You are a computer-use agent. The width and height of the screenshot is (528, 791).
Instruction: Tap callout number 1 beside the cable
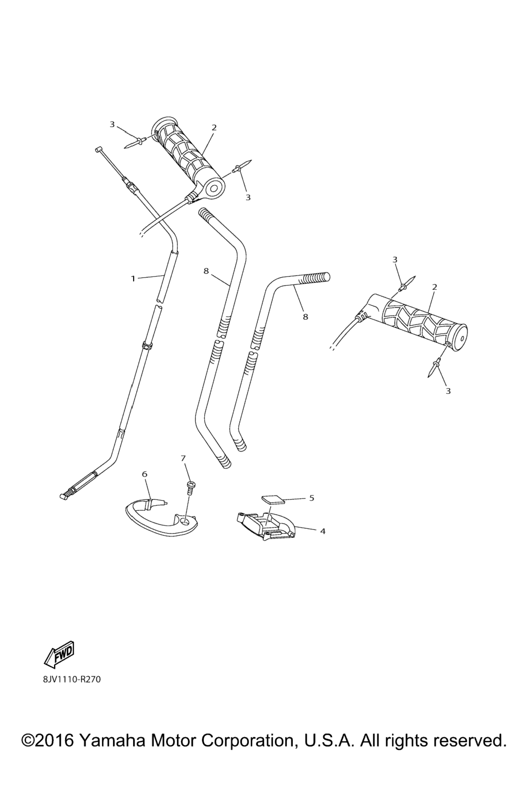tap(133, 279)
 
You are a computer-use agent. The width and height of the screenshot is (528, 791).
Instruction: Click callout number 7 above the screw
tap(183, 458)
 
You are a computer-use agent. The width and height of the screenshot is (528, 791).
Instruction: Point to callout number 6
tap(145, 474)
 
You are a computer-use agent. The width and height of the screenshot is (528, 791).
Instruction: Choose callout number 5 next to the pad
tap(311, 498)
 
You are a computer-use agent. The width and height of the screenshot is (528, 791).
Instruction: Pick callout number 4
tap(323, 531)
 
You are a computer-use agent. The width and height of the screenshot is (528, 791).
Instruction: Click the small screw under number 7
tap(191, 489)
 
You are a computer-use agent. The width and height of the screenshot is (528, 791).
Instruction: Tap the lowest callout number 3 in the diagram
tap(448, 391)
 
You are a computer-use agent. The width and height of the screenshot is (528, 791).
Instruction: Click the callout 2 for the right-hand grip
tap(434, 287)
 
